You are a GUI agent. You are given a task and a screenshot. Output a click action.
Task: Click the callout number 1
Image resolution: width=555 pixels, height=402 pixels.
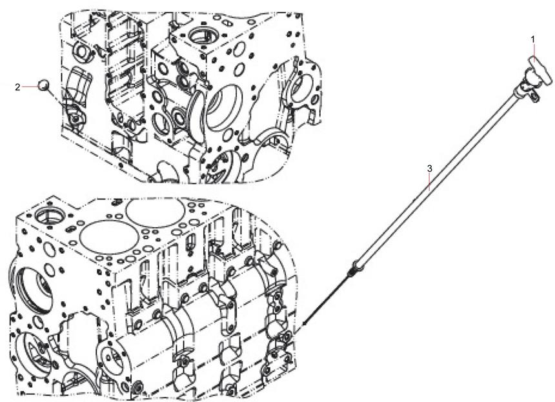point(532,39)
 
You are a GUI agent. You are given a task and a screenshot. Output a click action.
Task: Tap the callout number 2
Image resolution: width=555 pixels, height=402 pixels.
point(17,86)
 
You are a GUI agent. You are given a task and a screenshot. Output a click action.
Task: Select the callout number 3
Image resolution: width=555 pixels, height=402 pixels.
point(430,168)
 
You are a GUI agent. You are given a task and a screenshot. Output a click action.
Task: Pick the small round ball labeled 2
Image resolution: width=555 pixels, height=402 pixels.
point(43,85)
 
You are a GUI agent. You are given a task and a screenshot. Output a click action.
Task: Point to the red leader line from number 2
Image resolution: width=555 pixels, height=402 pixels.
point(30,86)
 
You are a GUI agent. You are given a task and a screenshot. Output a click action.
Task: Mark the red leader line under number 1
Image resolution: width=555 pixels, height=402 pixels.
point(533,50)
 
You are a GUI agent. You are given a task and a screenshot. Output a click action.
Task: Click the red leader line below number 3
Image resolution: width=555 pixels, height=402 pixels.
point(430,182)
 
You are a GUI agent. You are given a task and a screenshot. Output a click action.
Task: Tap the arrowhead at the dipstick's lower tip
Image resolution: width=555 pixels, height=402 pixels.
point(305,323)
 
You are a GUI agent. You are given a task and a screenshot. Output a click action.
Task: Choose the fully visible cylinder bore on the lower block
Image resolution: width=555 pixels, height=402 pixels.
point(108,237)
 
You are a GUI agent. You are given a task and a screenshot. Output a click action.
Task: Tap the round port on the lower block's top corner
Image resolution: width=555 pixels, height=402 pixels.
point(49,215)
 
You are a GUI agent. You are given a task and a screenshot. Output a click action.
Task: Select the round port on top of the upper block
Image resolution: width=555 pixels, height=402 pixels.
point(203,35)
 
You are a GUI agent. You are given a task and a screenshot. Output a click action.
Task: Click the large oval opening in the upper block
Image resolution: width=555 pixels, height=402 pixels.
point(225,107)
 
